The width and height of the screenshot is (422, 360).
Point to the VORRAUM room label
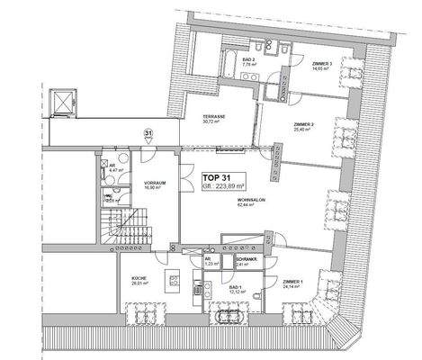154,184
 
